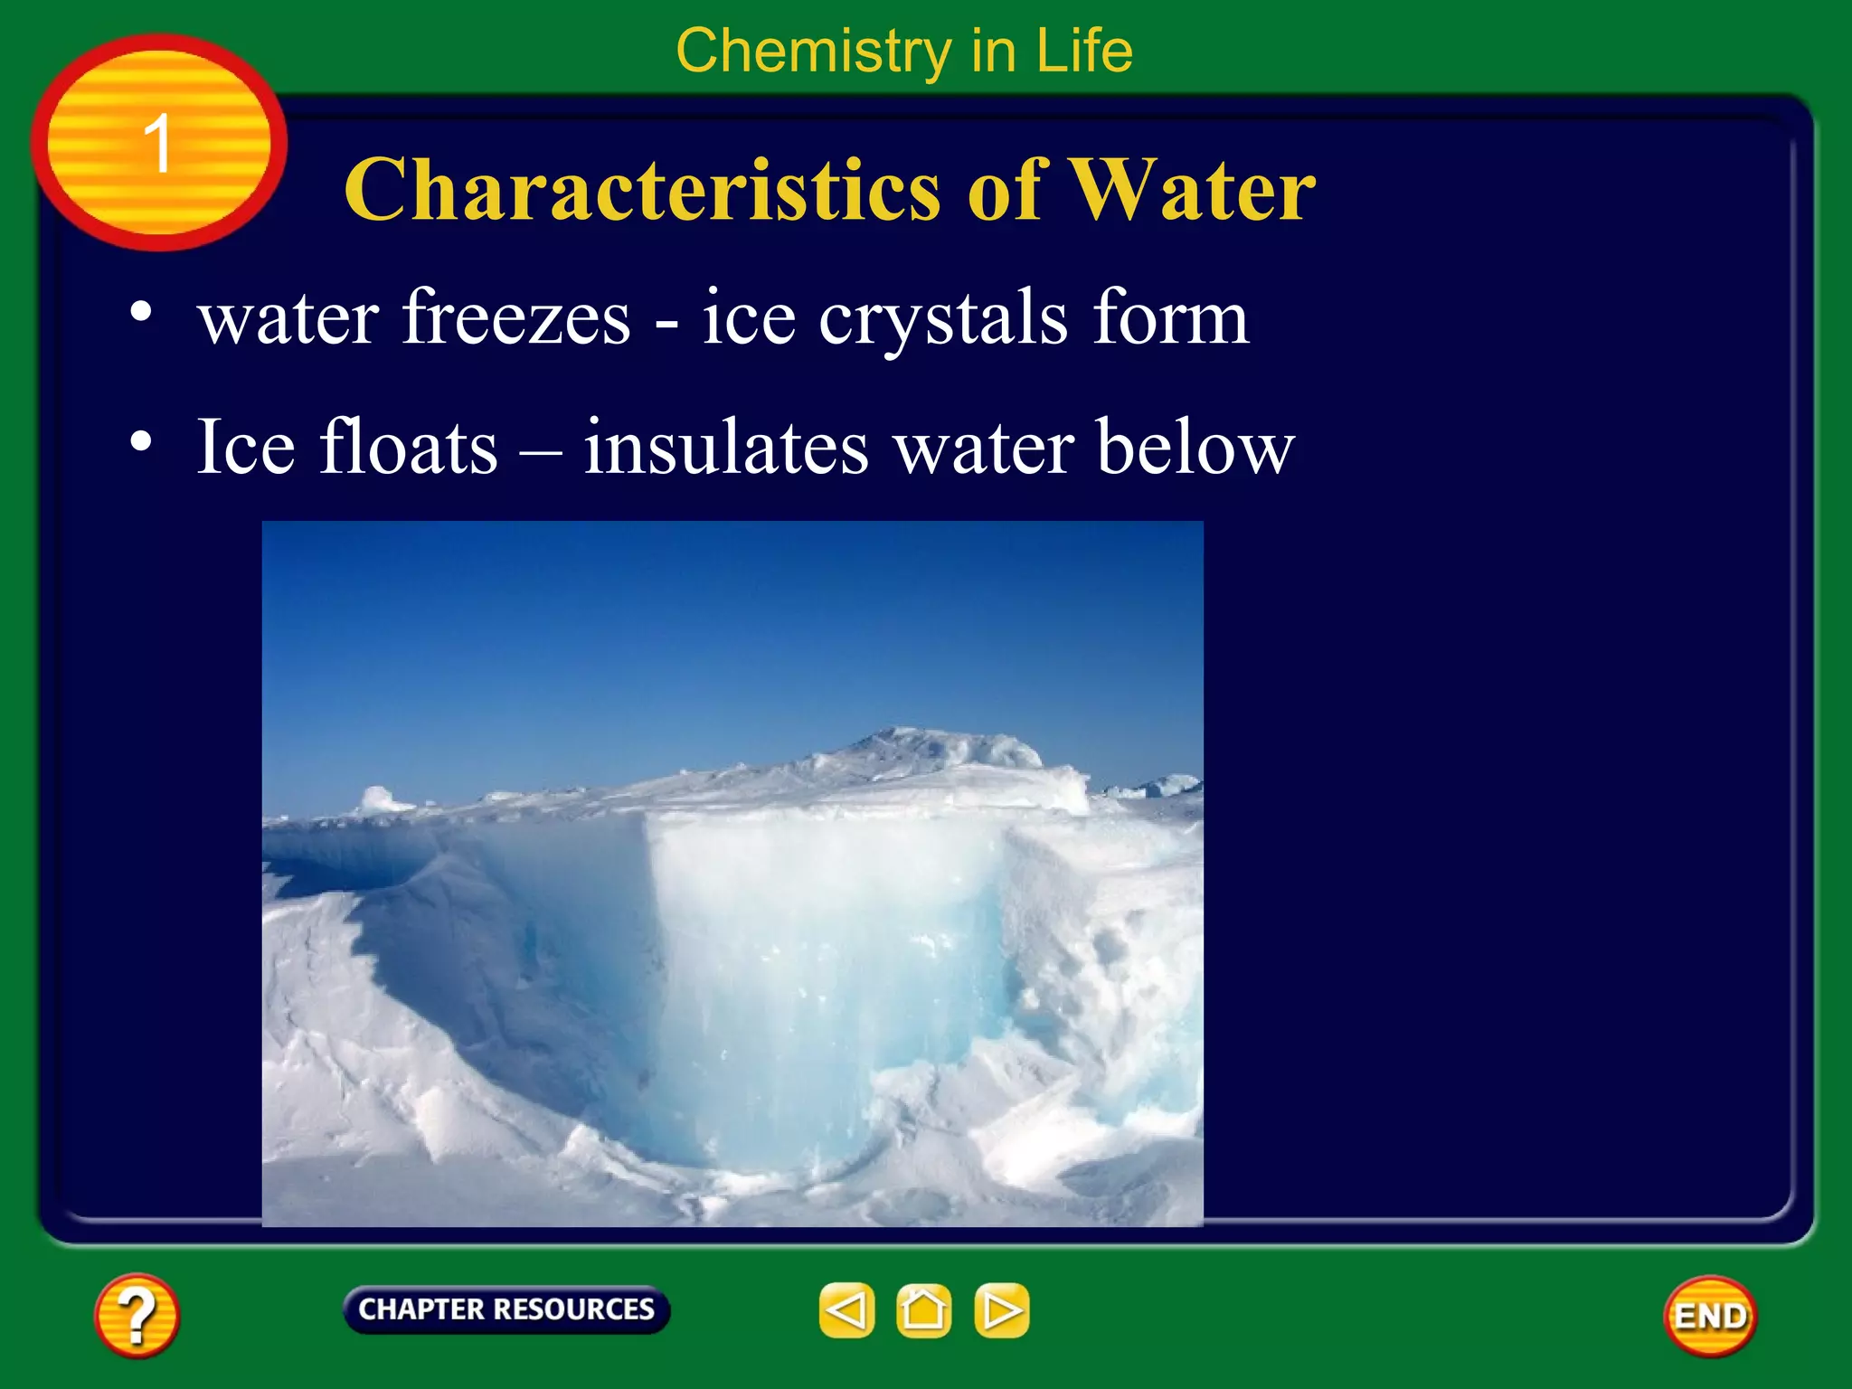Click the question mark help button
point(137,1316)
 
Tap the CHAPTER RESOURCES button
point(506,1309)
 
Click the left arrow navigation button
point(846,1310)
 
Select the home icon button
point(923,1310)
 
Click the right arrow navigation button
point(1002,1310)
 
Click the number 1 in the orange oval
point(158,143)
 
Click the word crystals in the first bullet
point(943,318)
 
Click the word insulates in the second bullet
point(726,447)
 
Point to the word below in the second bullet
point(1195,447)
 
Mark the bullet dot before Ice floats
point(141,441)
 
